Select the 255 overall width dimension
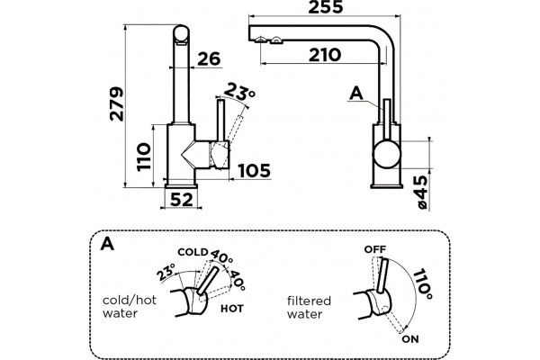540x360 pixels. click(326, 7)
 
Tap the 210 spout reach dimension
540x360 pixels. click(325, 55)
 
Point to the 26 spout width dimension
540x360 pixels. click(209, 58)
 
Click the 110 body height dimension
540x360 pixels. click(144, 157)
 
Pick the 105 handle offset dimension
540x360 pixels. click(255, 170)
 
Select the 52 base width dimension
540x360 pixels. click(182, 200)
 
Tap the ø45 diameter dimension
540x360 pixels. click(422, 193)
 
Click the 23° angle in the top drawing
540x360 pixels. click(239, 91)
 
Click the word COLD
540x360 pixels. click(193, 252)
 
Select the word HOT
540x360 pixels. click(232, 309)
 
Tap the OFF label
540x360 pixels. click(375, 249)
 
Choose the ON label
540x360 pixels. click(410, 339)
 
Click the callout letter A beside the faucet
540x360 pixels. click(356, 94)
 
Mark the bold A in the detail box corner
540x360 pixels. click(107, 244)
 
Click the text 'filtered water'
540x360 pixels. click(309, 307)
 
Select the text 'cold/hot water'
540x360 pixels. click(130, 307)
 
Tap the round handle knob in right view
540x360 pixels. click(387, 154)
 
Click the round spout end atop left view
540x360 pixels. click(181, 34)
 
